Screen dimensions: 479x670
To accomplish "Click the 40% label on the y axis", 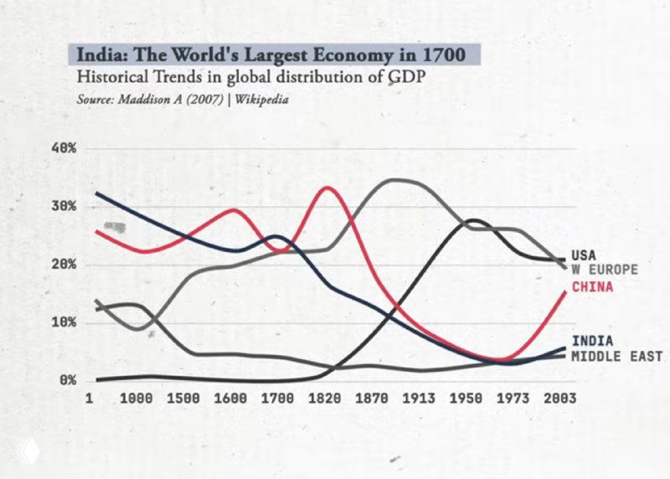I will [x=66, y=148].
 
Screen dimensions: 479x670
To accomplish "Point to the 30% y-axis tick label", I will [x=66, y=206].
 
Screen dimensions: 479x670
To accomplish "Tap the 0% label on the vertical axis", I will [x=70, y=380].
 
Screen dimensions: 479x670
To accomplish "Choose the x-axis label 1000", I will [x=137, y=399].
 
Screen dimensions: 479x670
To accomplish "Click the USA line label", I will [x=585, y=255].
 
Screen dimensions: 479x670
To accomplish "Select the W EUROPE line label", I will [x=605, y=270].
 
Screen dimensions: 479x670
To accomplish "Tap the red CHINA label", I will [x=592, y=287].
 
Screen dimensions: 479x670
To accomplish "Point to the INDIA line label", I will [x=592, y=341].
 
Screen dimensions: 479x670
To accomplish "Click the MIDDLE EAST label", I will [x=616, y=356].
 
